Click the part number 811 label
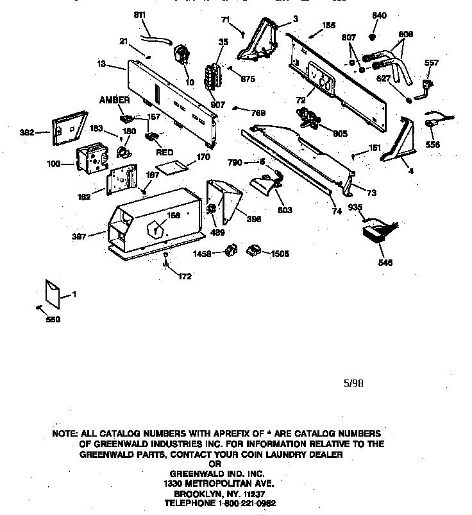click(140, 15)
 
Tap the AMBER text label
click(114, 100)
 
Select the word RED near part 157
click(165, 153)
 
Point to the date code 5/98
click(353, 383)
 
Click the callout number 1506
click(278, 253)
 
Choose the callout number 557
click(432, 62)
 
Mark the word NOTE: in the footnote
click(65, 434)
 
